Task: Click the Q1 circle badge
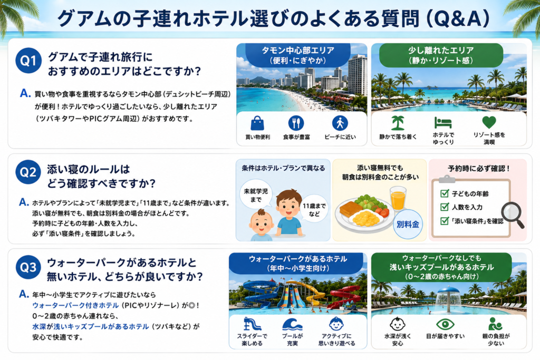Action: coord(28,61)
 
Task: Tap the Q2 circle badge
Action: coord(28,172)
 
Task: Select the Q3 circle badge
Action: coord(28,267)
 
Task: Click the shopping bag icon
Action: coord(257,123)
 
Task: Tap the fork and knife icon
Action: coord(296,123)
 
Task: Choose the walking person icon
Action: coord(340,123)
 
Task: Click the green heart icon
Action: coord(489,122)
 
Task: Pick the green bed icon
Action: coord(443,122)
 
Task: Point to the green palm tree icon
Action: coord(398,123)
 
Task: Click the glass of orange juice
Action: coord(398,198)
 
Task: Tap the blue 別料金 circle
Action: coord(408,225)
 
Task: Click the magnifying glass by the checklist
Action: coord(513,215)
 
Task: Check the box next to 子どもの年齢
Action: coord(444,193)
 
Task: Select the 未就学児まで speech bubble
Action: coord(256,195)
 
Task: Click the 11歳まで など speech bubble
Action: coord(314,210)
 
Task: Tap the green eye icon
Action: coord(445,324)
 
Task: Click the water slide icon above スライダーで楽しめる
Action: coord(252,324)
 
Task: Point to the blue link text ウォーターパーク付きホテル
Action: coord(75,305)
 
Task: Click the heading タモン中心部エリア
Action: coord(298,50)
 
